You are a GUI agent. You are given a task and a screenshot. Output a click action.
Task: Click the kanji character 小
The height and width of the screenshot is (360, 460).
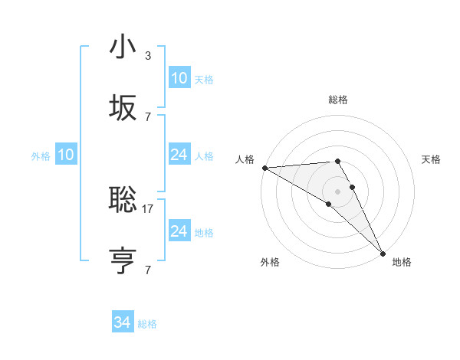click(x=123, y=47)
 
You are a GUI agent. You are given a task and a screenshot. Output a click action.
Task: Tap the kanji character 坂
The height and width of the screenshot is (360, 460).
click(x=123, y=108)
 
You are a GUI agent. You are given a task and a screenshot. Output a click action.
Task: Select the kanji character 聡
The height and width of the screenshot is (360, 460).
click(x=123, y=200)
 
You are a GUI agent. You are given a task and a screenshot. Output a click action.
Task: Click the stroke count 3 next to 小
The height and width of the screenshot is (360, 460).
click(x=148, y=56)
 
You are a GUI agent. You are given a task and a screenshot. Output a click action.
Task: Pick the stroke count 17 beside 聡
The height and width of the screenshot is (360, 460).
click(x=149, y=208)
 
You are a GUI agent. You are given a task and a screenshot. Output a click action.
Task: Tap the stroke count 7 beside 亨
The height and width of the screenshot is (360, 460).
click(x=148, y=270)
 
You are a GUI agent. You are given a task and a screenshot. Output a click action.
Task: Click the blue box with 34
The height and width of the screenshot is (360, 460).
click(x=123, y=322)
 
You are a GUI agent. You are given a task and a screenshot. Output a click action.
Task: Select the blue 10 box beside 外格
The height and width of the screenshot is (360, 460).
click(x=66, y=155)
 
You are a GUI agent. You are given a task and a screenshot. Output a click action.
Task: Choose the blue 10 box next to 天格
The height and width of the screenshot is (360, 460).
click(x=179, y=78)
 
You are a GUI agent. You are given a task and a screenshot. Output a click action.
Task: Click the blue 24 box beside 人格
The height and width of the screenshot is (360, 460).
click(x=179, y=155)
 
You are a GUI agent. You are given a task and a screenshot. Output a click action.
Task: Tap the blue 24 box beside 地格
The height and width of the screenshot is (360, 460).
click(x=179, y=231)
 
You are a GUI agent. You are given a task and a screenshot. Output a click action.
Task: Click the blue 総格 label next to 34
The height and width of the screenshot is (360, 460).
click(x=147, y=324)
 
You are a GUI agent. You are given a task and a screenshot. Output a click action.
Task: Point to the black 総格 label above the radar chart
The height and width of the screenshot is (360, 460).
click(x=338, y=100)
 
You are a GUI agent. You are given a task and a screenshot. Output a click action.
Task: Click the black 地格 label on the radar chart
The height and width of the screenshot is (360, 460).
click(x=402, y=262)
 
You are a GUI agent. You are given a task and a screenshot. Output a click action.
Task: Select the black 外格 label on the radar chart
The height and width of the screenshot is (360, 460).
click(x=270, y=262)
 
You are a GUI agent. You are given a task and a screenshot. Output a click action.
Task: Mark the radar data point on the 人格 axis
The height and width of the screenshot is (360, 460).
click(x=264, y=168)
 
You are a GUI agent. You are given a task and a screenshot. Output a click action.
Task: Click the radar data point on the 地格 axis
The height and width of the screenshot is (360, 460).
click(x=383, y=253)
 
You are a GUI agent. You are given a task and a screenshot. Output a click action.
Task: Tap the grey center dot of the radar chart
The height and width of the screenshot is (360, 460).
click(x=338, y=191)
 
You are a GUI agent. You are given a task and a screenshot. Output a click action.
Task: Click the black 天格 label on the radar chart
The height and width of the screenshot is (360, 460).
click(x=431, y=159)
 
